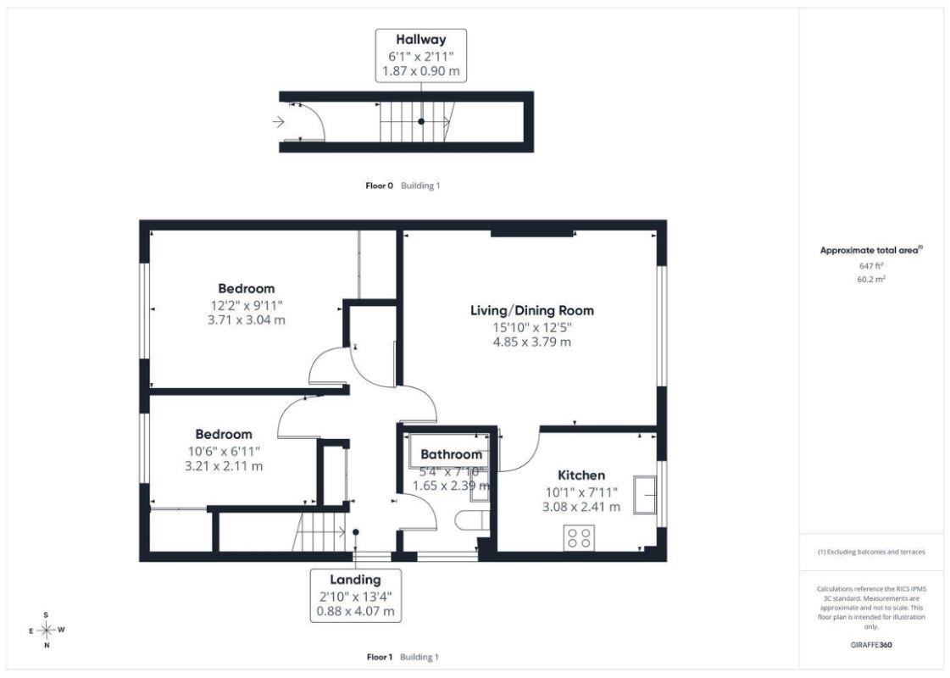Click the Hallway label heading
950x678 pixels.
(420, 40)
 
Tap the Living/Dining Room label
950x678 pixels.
(532, 311)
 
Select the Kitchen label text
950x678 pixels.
(581, 475)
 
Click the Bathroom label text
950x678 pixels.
(452, 454)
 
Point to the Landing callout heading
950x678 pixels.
(355, 580)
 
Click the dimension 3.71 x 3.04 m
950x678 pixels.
(246, 320)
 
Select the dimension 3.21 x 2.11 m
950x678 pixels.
(224, 466)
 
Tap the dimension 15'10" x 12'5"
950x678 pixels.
(532, 327)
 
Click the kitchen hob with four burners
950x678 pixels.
(579, 538)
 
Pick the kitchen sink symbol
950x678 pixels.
(645, 495)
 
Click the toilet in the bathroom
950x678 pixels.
(472, 520)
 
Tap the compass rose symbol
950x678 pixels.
(47, 631)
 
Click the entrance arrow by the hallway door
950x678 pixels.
(278, 122)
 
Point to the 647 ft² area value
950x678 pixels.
(870, 266)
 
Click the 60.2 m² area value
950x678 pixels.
(870, 280)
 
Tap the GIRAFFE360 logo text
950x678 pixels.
(870, 645)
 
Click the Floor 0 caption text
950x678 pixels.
(380, 186)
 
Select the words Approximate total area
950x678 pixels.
(869, 250)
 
